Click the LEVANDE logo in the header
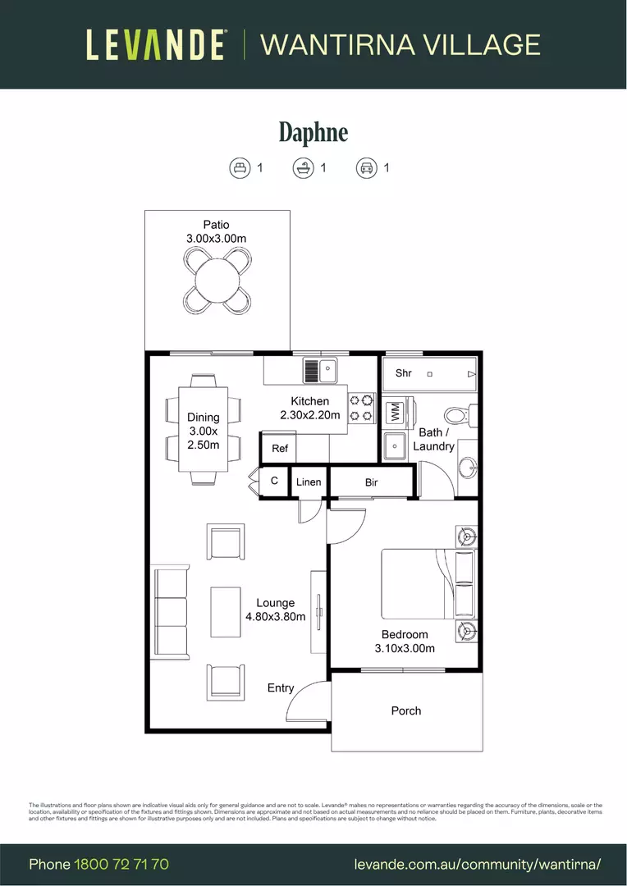pyautogui.click(x=156, y=44)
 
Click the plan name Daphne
pyautogui.click(x=313, y=132)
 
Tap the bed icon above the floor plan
pyautogui.click(x=239, y=168)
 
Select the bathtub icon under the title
pyautogui.click(x=303, y=168)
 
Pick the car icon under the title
pyautogui.click(x=366, y=168)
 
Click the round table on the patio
pyautogui.click(x=217, y=279)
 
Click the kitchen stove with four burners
pyautogui.click(x=362, y=409)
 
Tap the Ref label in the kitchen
pyautogui.click(x=280, y=448)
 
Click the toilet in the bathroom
pyautogui.click(x=455, y=414)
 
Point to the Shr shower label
pyautogui.click(x=403, y=373)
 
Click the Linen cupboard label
pyautogui.click(x=309, y=482)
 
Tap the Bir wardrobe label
pyautogui.click(x=372, y=482)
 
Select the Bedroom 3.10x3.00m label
pyautogui.click(x=405, y=641)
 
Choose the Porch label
pyautogui.click(x=405, y=710)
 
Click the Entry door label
pyautogui.click(x=281, y=687)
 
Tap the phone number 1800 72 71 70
pyautogui.click(x=121, y=864)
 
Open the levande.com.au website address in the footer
pyautogui.click(x=478, y=864)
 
